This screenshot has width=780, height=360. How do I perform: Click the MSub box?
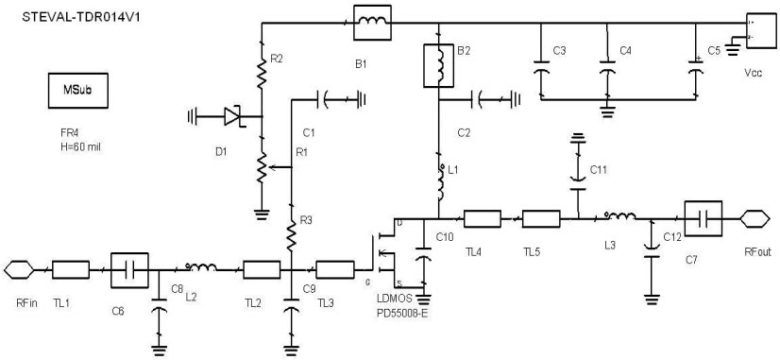[x=77, y=93]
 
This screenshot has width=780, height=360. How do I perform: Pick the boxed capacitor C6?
[x=130, y=269]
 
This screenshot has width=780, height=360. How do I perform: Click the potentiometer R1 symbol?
[x=261, y=167]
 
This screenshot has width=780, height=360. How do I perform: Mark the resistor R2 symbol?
[x=261, y=67]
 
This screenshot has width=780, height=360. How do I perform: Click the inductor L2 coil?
[x=200, y=268]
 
